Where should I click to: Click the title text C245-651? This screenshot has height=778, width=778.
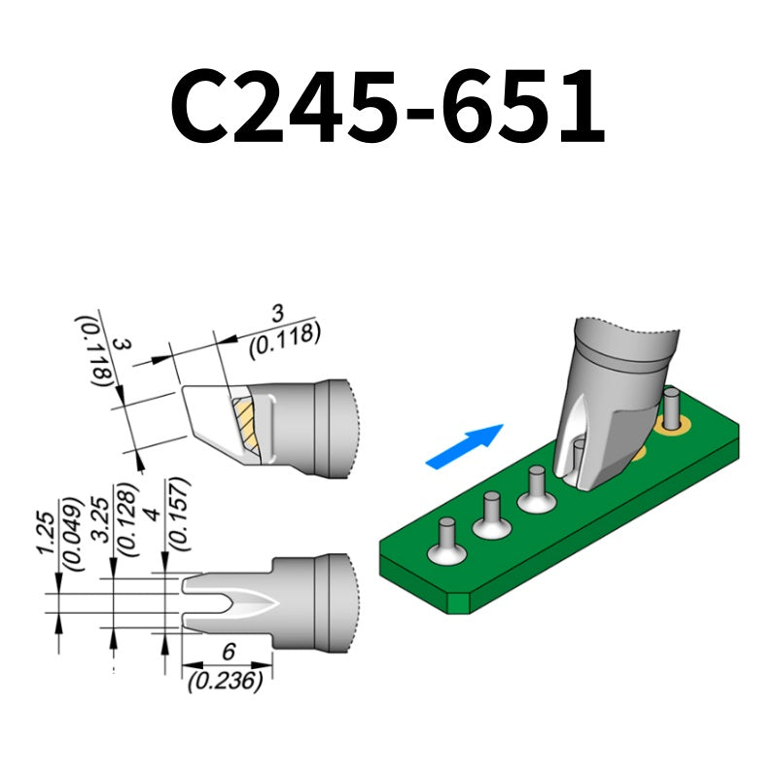click(388, 105)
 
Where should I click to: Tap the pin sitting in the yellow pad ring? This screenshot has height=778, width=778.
click(670, 405)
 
